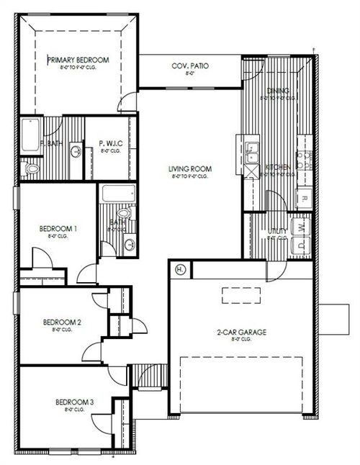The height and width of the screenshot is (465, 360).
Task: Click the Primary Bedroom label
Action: pos(78,60)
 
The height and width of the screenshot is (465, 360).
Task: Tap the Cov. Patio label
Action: pos(190,66)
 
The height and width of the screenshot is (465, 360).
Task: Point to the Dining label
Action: pos(277,91)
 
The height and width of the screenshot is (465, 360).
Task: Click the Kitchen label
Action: pos(278,167)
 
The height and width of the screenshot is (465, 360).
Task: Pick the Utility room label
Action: pos(277,231)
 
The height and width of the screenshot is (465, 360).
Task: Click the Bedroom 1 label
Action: pos(58,229)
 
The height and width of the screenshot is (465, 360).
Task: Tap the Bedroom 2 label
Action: pos(61,322)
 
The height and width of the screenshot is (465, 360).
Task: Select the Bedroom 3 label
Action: pos(74,402)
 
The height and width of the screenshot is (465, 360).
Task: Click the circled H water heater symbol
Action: pos(180,269)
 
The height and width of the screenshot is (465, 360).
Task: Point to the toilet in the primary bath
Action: pos(30,169)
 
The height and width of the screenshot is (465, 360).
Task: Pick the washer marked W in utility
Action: pos(302,227)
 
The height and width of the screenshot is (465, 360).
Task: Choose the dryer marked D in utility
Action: pos(302,245)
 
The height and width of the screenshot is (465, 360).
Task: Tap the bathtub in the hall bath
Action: pos(114,194)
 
